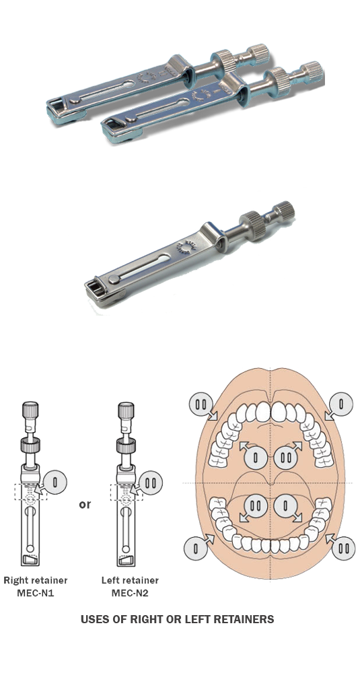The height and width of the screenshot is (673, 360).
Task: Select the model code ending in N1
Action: (x=34, y=592)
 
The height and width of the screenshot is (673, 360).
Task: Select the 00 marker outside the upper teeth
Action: (x=201, y=404)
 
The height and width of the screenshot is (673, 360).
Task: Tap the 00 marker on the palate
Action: (x=286, y=458)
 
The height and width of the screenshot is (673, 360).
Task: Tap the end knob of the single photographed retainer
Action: (x=283, y=211)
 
